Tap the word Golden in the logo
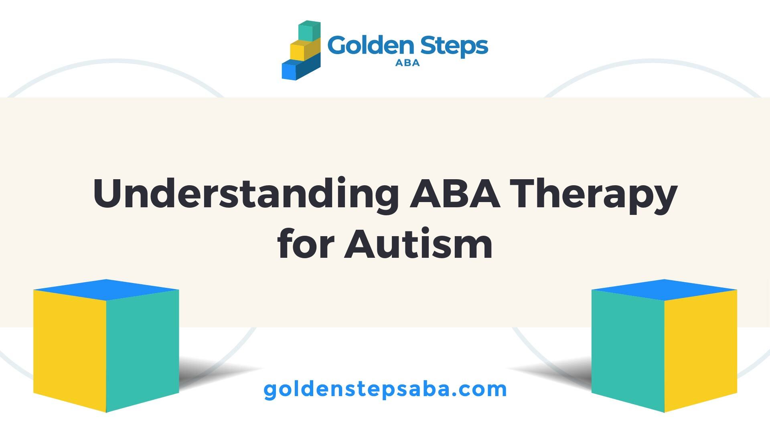370,45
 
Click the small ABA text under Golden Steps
407,63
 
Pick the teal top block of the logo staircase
310,31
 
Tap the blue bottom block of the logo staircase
301,67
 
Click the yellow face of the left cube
70,350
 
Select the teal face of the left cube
142,350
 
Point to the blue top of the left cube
106,289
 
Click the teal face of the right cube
628,350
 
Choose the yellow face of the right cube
701,350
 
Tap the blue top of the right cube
664,289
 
